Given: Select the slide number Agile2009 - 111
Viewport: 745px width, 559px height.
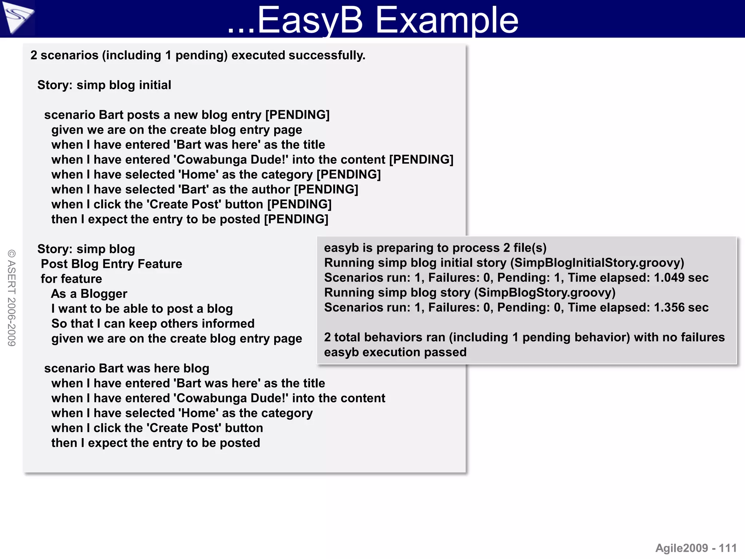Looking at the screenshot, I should pos(696,548).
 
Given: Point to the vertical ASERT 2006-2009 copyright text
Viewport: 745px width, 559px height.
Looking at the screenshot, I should pos(12,298).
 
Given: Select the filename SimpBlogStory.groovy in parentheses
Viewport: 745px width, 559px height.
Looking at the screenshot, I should pos(546,293).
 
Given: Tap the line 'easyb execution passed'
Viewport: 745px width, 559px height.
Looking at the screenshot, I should pos(395,352).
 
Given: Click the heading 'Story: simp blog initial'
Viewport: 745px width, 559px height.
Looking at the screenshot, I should pos(104,85).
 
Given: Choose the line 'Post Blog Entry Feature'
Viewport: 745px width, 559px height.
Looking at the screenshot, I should pos(111,264).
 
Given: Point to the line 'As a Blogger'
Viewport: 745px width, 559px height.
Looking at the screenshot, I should pos(89,294).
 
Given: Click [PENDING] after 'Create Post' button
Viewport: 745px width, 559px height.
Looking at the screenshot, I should pos(299,205).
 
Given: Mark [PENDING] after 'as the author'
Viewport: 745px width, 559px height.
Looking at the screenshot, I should pos(326,190).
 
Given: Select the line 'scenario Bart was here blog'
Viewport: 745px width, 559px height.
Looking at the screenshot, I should pos(127,368).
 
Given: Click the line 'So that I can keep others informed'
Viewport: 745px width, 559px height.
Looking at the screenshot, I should pos(153,324).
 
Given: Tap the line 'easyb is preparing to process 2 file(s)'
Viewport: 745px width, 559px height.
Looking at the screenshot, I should pos(435,248).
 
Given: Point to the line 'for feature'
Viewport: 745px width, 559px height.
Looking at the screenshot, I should pos(71,279).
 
